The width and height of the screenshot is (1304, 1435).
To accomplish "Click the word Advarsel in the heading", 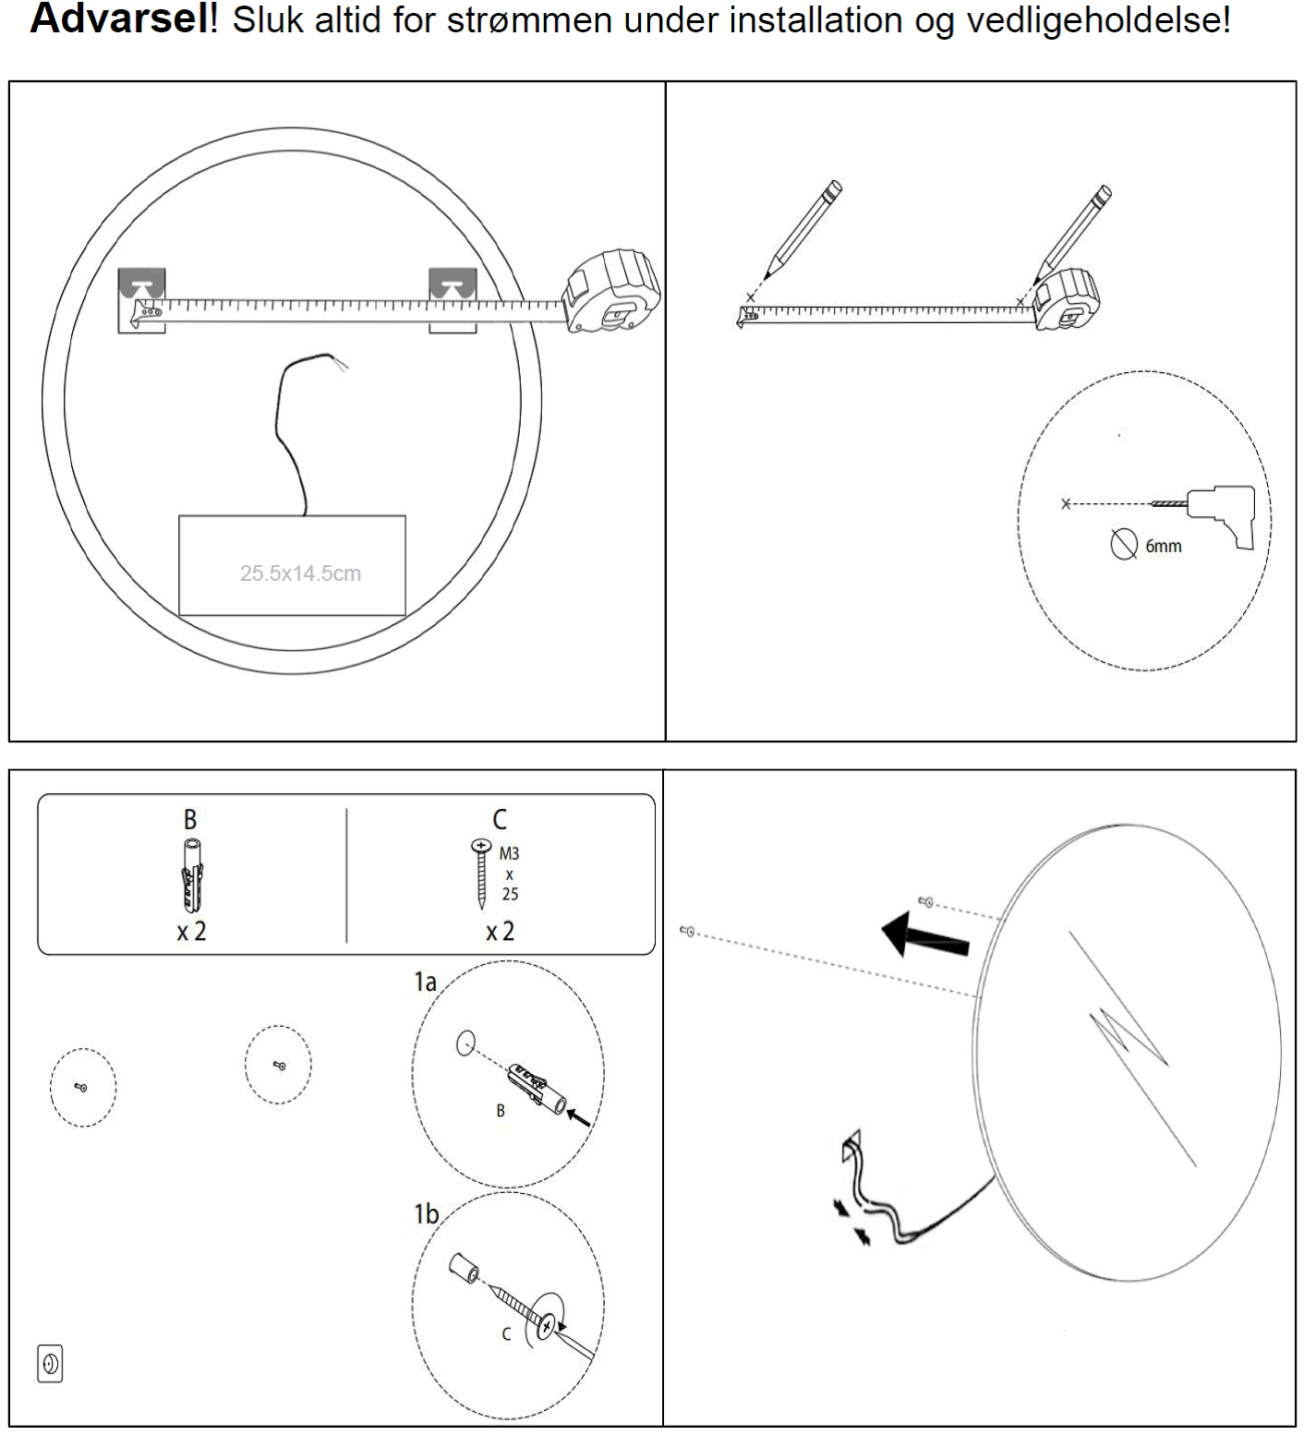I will tap(120, 18).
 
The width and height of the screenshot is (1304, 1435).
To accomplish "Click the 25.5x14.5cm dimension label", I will tap(300, 573).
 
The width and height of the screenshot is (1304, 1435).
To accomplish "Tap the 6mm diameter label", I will tap(1163, 547).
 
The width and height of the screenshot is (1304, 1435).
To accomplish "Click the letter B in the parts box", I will tap(190, 820).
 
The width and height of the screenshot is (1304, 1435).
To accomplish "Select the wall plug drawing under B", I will tap(190, 876).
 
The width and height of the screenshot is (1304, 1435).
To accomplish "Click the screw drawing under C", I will tap(481, 873).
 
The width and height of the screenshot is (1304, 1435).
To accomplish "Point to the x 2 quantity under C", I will tap(500, 932).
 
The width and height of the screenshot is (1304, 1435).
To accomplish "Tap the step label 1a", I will tap(425, 982).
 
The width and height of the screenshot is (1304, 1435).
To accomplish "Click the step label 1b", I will tap(426, 1213).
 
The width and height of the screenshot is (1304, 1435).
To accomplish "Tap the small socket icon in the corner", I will tap(50, 1363).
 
